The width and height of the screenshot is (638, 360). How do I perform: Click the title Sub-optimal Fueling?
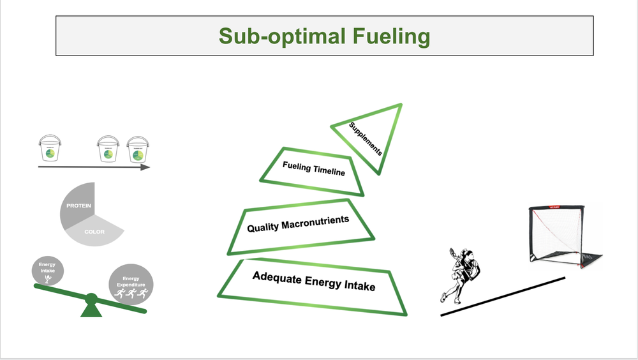pos(324,36)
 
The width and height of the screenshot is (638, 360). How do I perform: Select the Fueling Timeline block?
pos(313,170)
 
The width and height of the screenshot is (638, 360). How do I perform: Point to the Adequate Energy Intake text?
pos(313,281)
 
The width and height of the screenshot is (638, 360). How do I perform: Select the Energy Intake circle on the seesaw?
pos(47,271)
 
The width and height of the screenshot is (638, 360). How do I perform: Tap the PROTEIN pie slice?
pos(79,206)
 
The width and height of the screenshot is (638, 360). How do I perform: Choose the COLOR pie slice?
pos(96,232)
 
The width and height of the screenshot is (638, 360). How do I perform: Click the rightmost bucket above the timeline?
pos(137,150)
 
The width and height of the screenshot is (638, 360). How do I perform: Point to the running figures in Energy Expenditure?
pos(130,294)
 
